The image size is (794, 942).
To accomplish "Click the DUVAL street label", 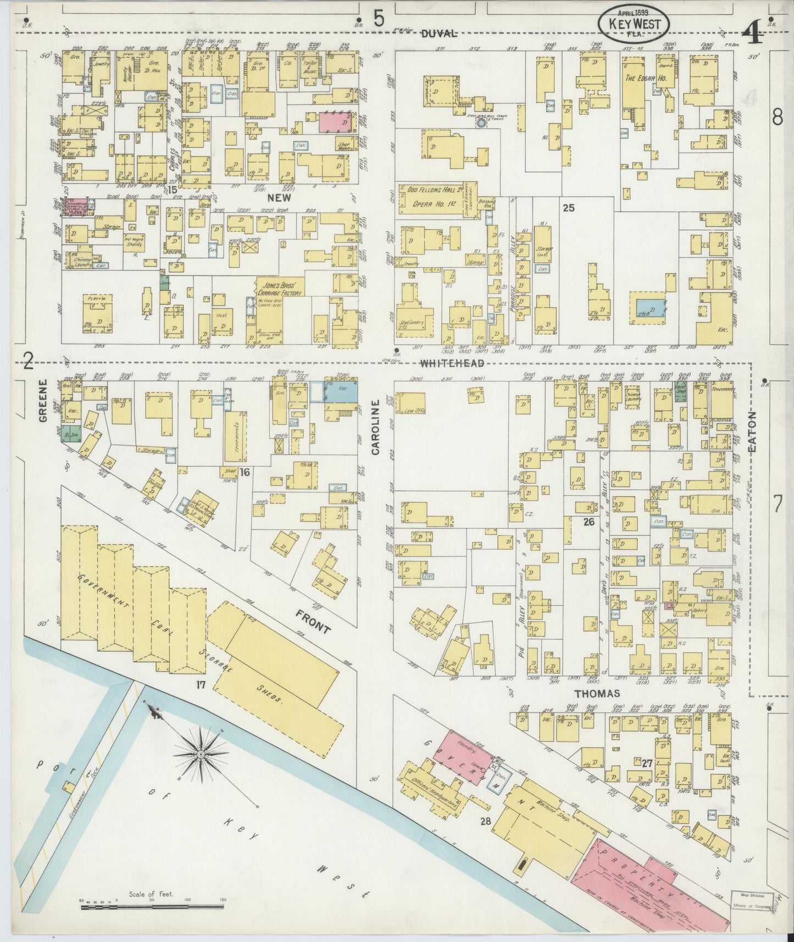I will [x=440, y=34].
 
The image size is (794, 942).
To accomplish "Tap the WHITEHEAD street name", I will [x=452, y=363].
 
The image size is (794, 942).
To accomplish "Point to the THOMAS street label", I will [x=598, y=694].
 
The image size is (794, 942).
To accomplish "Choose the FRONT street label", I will [x=312, y=620].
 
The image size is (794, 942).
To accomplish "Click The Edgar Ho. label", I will [x=646, y=79].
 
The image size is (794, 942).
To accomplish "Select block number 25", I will [x=568, y=208].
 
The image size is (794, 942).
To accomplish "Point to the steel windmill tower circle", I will [x=481, y=123].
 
